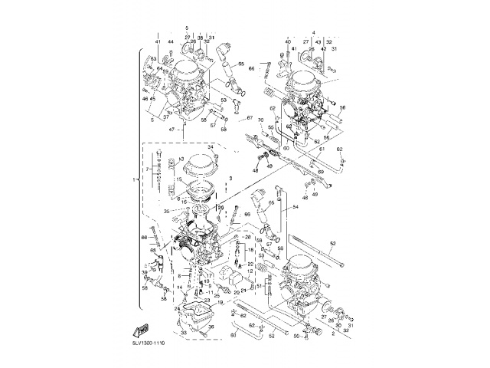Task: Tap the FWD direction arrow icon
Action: coord(141,330)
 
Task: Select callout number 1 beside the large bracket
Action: coord(135,179)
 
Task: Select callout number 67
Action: coord(249,117)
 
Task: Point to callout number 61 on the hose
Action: coord(322,150)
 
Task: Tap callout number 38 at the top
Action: coord(201,37)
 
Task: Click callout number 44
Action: coord(171,41)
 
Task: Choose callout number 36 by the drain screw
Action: coord(212,327)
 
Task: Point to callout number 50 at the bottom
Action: coord(296,336)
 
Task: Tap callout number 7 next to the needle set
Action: coord(148,168)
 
